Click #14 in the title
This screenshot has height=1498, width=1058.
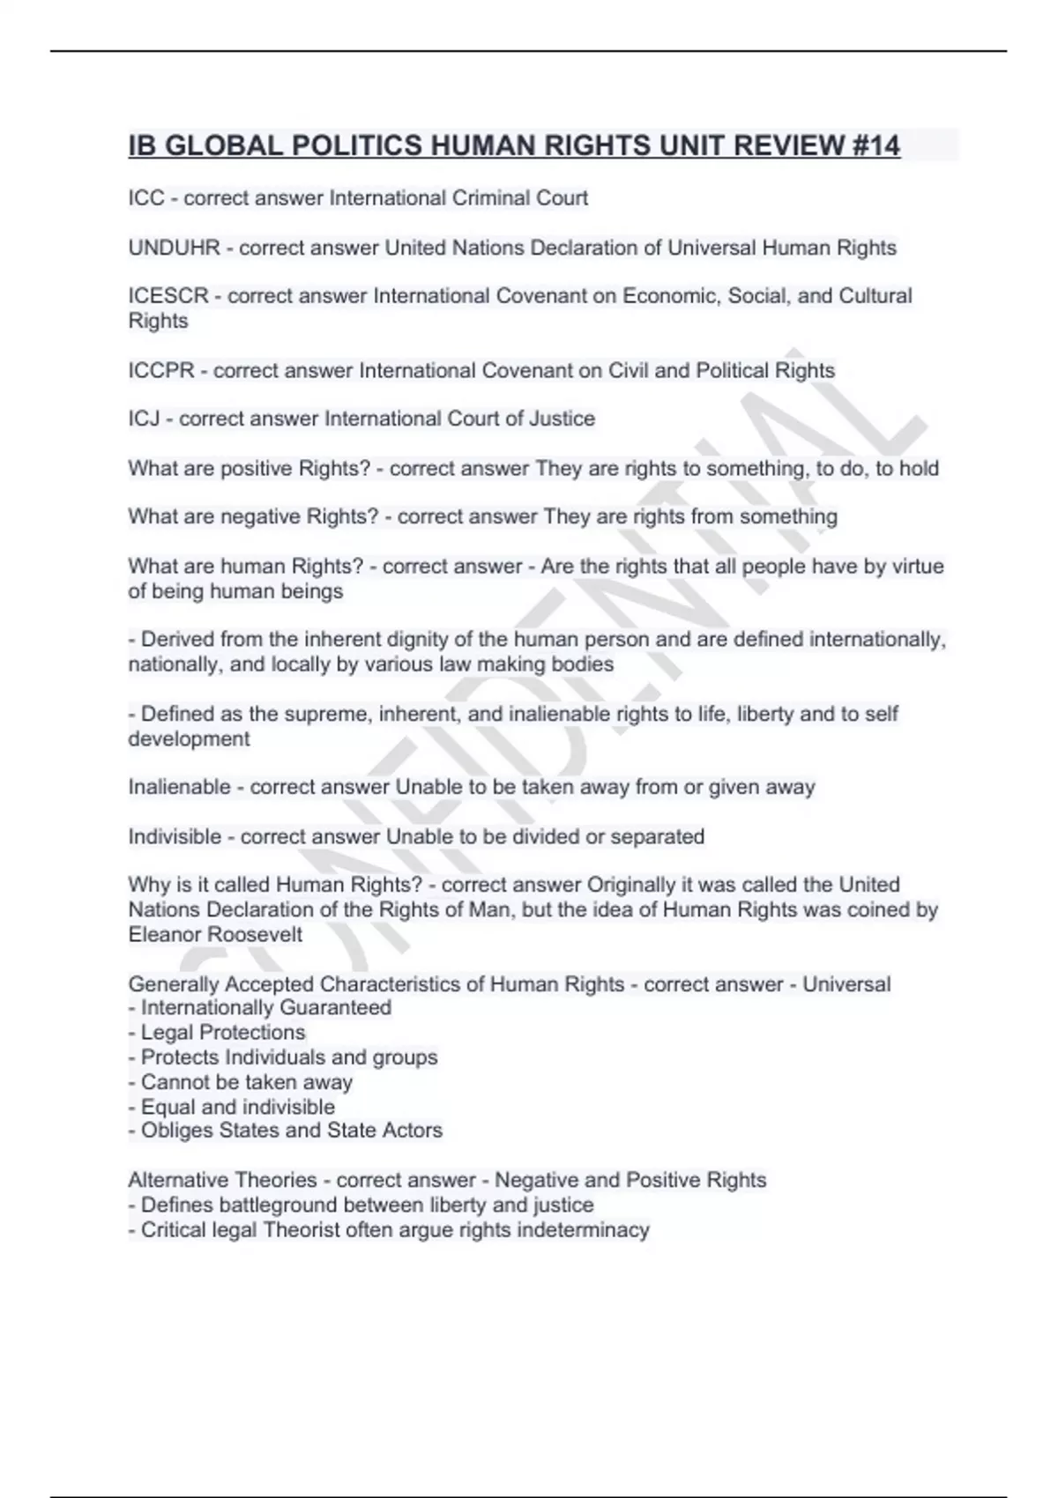[x=876, y=145]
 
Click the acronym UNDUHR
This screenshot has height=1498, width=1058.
[x=174, y=248]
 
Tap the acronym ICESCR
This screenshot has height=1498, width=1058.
[x=168, y=296]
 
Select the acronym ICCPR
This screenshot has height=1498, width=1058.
[x=160, y=370]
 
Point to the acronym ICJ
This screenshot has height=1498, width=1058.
[x=144, y=419]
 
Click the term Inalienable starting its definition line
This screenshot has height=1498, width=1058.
[x=179, y=787]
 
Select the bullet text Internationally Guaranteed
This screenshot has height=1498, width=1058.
[x=265, y=1007]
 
